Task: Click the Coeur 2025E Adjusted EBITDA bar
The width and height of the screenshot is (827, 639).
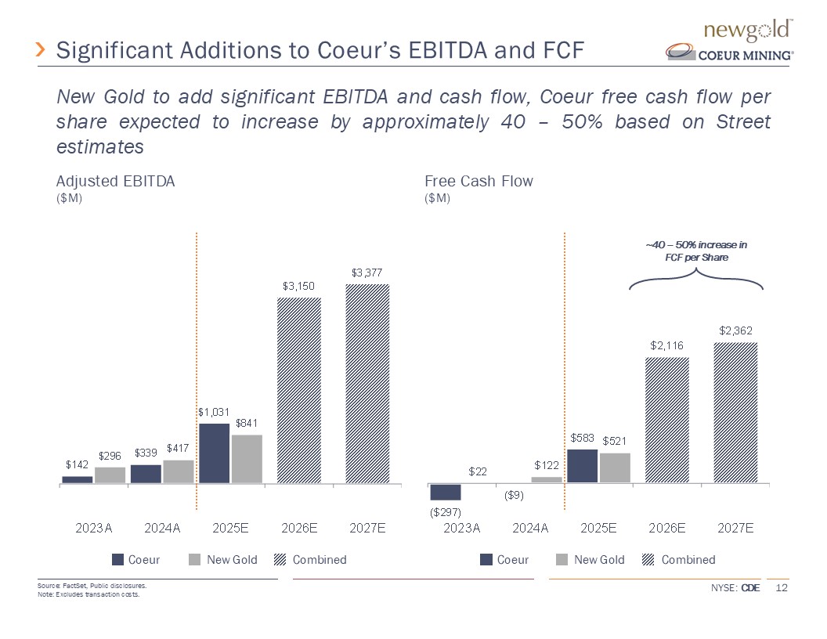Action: click(215, 453)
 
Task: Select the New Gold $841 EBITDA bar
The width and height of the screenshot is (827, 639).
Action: click(247, 459)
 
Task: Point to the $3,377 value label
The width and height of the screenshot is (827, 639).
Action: click(367, 273)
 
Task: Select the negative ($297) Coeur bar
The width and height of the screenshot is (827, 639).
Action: click(446, 492)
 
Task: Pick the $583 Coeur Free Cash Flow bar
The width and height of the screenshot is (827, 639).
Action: click(582, 466)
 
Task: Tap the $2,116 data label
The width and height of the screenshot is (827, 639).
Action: click(666, 345)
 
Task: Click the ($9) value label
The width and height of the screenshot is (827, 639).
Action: click(514, 495)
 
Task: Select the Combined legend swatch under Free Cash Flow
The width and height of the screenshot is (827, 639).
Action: click(648, 560)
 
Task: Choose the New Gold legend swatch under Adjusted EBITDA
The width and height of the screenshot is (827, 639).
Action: click(195, 560)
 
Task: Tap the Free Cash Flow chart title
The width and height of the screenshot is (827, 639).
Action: click(479, 181)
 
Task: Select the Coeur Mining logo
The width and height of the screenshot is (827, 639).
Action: click(730, 53)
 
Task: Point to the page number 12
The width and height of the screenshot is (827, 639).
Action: click(781, 588)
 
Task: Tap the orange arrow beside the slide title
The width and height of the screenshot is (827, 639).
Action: click(42, 51)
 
